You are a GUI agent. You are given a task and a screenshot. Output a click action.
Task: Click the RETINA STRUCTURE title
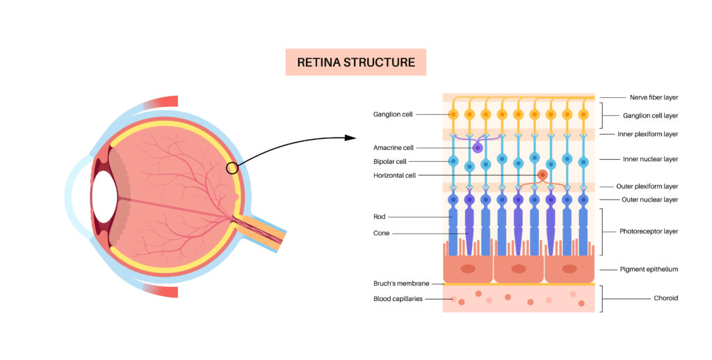(355, 63)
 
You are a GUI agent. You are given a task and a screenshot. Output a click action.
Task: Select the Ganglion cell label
(394, 114)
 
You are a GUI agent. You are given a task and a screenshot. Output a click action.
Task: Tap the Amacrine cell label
(394, 147)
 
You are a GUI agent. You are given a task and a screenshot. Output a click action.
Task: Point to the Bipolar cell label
(389, 161)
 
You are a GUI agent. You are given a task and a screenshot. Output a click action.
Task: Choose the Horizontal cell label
(394, 175)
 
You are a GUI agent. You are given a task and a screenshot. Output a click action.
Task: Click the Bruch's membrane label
(398, 284)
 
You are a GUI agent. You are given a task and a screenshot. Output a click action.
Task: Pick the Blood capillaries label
(397, 299)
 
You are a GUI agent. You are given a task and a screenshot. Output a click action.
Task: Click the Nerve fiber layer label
(654, 97)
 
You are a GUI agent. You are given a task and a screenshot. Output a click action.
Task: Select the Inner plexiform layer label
(647, 134)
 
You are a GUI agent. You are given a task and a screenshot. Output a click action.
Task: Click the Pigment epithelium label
(648, 269)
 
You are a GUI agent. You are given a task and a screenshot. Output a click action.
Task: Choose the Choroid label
(665, 298)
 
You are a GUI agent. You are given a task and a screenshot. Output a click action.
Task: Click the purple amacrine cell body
(478, 147)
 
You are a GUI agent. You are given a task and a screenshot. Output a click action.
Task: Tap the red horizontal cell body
(542, 175)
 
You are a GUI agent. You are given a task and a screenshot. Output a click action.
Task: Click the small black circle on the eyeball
(232, 167)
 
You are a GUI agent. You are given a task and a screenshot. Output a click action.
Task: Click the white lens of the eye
(104, 197)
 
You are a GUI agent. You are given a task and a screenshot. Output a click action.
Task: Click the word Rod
(379, 217)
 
